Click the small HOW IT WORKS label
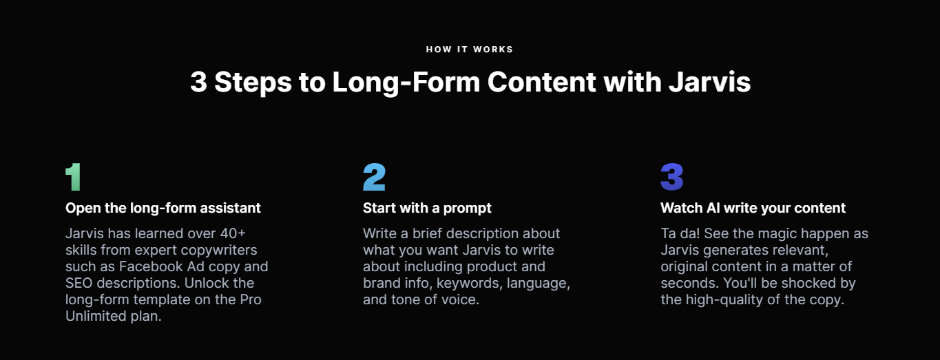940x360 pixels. pyautogui.click(x=470, y=50)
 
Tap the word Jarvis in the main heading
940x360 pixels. pyautogui.click(x=709, y=82)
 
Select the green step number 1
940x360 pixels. pyautogui.click(x=74, y=177)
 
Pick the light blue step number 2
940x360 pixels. pyautogui.click(x=374, y=177)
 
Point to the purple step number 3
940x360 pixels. pyautogui.click(x=672, y=177)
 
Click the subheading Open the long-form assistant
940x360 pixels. pyautogui.click(x=163, y=208)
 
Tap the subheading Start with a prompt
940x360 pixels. pyautogui.click(x=427, y=208)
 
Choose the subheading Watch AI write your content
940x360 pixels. pyautogui.click(x=753, y=208)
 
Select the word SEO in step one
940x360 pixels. pyautogui.click(x=79, y=283)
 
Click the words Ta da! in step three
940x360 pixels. pyautogui.click(x=680, y=233)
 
